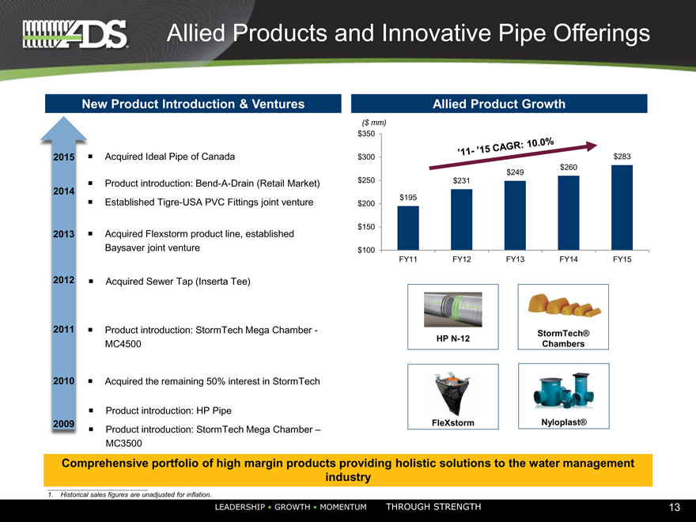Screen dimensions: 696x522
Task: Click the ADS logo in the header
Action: coord(75,34)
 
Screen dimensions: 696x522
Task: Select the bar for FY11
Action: coord(408,228)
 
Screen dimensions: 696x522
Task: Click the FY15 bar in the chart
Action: coord(622,208)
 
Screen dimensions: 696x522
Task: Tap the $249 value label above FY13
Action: coord(515,172)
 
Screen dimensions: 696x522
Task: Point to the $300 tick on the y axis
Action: coord(366,157)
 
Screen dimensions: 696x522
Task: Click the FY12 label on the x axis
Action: coord(461,259)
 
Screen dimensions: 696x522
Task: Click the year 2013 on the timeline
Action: coord(64,234)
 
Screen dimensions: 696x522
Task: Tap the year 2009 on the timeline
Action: coord(64,424)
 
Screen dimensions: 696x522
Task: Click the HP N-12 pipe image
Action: coord(452,309)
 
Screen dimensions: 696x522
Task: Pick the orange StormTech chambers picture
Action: coord(564,305)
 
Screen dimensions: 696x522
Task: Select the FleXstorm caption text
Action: coord(452,423)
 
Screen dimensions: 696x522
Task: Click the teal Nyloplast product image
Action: coord(564,391)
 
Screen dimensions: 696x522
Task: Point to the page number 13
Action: coord(674,507)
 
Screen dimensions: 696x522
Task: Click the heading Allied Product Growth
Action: coord(499,104)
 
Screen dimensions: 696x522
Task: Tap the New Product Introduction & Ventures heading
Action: coord(193,104)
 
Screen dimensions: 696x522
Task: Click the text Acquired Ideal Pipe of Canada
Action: coord(169,157)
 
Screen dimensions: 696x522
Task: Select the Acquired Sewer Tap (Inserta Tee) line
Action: coord(177,282)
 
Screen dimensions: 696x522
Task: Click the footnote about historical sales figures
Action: coord(130,494)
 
